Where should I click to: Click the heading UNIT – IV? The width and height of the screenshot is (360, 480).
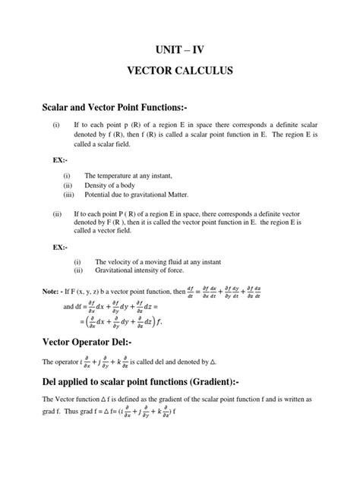[180, 51]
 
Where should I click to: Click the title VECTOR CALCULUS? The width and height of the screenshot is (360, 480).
[180, 77]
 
